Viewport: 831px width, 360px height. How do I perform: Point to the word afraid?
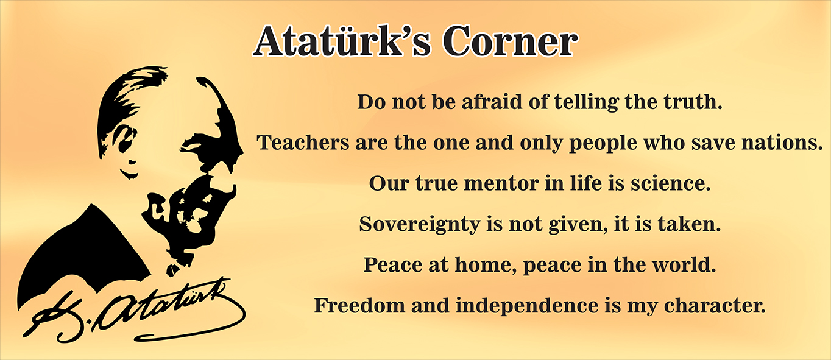[492, 102]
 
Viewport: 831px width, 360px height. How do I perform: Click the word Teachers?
[303, 143]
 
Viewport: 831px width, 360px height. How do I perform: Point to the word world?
[684, 265]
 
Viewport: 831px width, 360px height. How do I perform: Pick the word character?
[715, 306]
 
